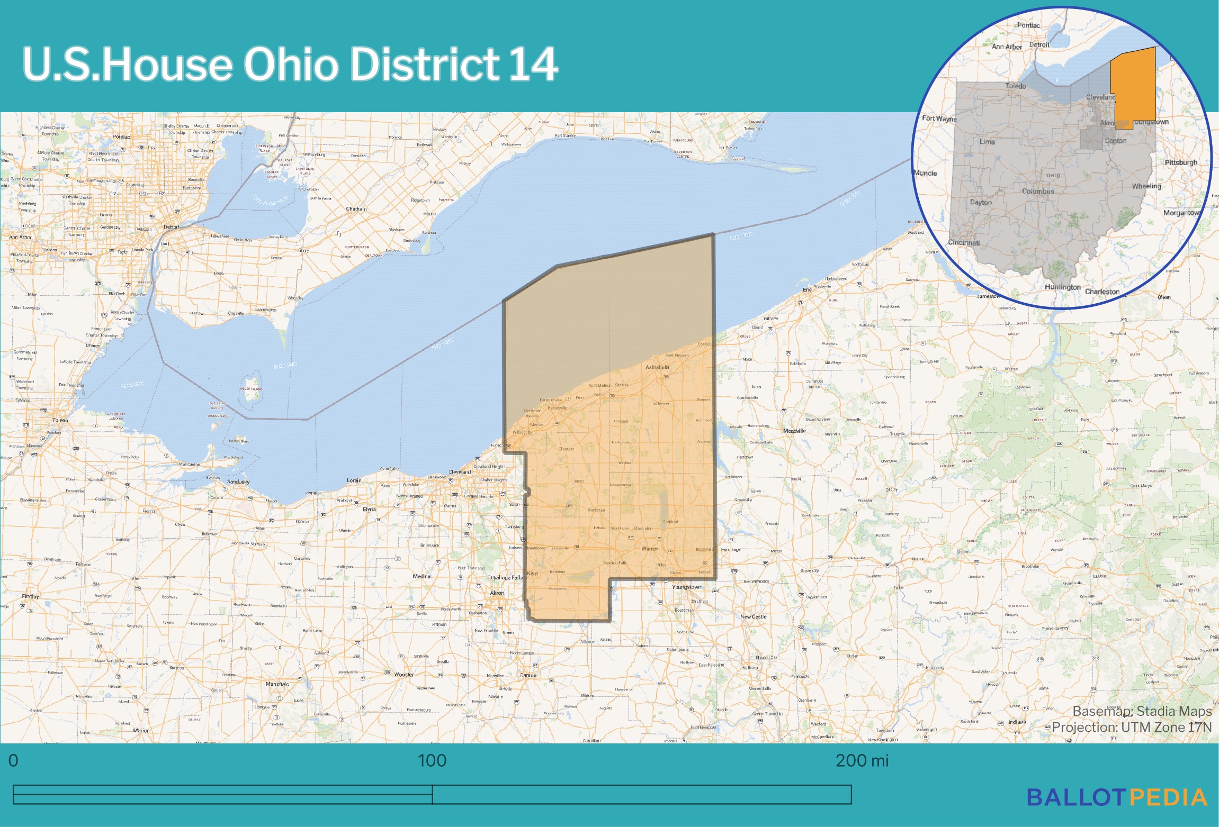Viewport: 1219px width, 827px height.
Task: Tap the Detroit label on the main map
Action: (171, 226)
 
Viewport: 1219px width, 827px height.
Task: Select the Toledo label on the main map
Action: (60, 420)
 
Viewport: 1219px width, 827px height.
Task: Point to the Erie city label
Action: (807, 289)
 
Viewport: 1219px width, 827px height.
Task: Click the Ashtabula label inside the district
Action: (657, 367)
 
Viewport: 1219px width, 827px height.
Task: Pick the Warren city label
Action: (650, 548)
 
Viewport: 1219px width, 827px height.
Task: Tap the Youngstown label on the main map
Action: (686, 587)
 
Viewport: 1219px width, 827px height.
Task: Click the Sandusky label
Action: (238, 481)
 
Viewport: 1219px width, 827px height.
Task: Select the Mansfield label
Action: (277, 684)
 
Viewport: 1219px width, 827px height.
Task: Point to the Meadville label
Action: (794, 431)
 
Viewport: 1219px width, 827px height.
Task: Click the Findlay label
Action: (30, 596)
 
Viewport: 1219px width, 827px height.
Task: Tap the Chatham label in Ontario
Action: (356, 208)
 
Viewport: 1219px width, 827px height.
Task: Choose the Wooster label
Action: (404, 675)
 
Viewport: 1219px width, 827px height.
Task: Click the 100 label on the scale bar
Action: (432, 760)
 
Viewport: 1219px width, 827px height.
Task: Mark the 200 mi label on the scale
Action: (862, 760)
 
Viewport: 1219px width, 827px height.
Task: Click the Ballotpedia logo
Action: (1117, 798)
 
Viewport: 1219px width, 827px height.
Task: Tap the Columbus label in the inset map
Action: (1038, 191)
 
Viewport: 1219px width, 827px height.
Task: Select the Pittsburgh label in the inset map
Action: (1181, 162)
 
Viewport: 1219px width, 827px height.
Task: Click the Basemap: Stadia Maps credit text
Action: (1142, 711)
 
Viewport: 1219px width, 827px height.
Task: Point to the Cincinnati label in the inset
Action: (964, 242)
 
